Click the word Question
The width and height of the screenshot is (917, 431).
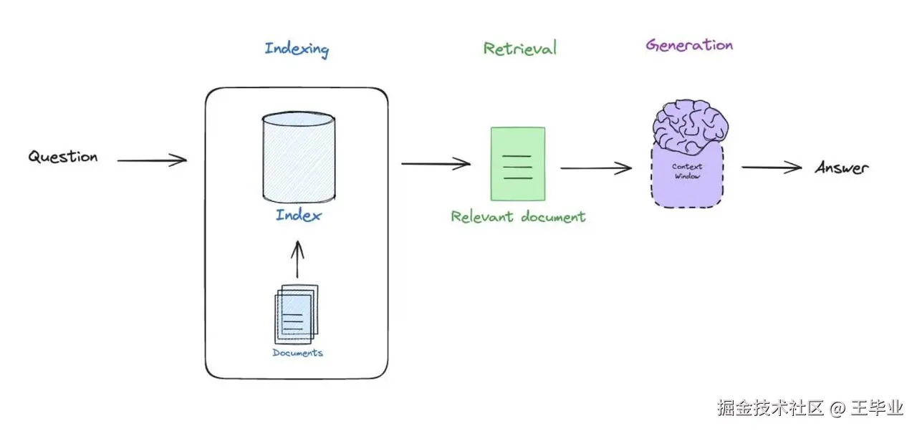point(63,157)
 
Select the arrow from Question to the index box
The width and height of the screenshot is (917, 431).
point(152,160)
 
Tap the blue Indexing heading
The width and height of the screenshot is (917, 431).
point(297,50)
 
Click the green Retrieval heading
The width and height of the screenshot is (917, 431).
point(520,49)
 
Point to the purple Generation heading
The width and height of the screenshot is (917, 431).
point(689,45)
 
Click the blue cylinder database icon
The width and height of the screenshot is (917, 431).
point(299,157)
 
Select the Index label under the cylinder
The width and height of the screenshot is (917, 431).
point(299,215)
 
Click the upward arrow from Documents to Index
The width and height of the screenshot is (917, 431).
point(297,259)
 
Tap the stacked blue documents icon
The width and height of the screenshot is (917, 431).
point(297,314)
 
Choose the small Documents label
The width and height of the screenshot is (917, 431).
point(297,353)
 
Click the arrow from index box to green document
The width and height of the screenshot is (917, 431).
point(436,163)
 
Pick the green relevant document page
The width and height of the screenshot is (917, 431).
point(518,164)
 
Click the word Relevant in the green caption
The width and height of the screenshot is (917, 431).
point(482,217)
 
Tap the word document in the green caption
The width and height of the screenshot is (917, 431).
point(553,217)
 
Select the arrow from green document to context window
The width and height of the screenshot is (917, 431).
point(596,168)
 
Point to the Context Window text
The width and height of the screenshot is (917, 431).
point(687,171)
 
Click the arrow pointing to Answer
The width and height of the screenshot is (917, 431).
point(772,168)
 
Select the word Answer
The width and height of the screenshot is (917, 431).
point(842,168)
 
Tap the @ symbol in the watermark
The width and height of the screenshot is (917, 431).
point(838,409)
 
